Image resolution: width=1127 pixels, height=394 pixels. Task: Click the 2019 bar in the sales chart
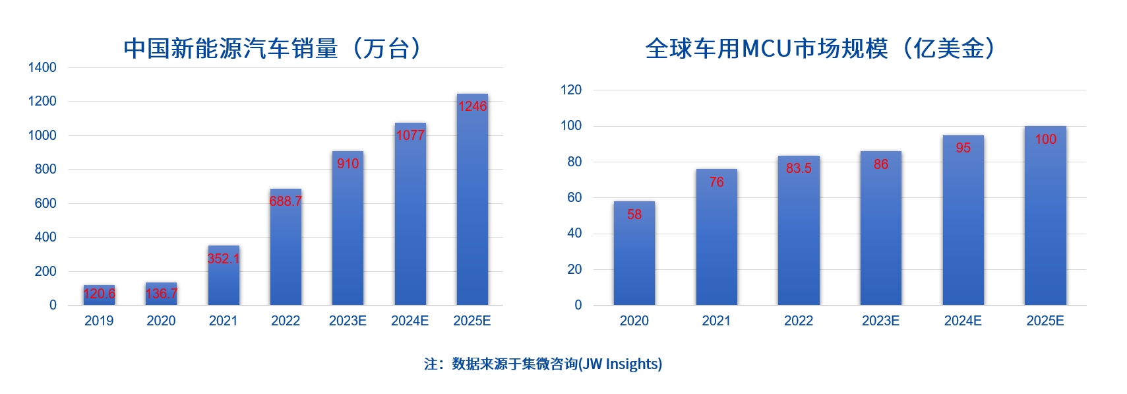99,295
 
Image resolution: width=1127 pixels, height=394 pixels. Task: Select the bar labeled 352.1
224,275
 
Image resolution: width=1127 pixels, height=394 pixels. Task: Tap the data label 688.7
286,201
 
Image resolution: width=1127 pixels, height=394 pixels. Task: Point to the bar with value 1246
472,199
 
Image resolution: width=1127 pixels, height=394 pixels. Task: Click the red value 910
348,164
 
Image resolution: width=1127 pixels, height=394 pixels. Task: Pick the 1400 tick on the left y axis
42,67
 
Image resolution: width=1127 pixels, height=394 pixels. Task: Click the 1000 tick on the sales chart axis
42,135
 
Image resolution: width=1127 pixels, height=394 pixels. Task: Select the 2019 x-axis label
99,321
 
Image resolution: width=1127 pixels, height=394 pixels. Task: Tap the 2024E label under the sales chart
410,321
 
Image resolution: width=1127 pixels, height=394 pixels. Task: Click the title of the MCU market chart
820,49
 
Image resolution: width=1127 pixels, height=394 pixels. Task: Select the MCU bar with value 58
634,253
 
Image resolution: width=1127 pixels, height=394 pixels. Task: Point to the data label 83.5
799,168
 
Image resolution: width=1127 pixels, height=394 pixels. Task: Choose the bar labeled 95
963,220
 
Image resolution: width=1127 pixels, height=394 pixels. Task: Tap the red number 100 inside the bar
1045,139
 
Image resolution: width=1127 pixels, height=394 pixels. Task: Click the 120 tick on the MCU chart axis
571,90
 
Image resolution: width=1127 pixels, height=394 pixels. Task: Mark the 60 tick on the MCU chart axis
574,197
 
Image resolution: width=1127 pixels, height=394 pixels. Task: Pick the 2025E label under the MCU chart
1045,321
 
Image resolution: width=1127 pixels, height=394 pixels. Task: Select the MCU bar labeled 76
717,237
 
